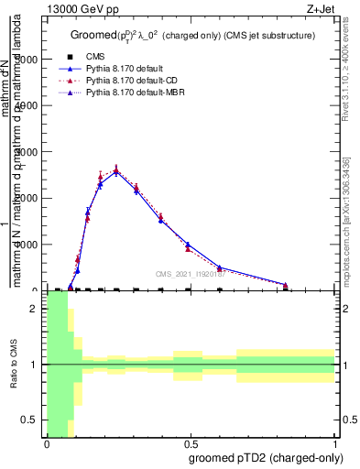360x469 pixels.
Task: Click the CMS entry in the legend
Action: [107, 57]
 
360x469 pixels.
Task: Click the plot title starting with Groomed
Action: [192, 35]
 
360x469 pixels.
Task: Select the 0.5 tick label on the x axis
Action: [191, 443]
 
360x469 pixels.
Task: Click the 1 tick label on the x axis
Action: [335, 443]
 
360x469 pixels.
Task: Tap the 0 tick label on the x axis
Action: [47, 443]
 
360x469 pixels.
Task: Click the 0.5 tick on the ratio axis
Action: [30, 420]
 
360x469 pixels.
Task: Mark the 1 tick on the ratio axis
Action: [34, 365]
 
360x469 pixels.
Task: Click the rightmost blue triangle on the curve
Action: [286, 285]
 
